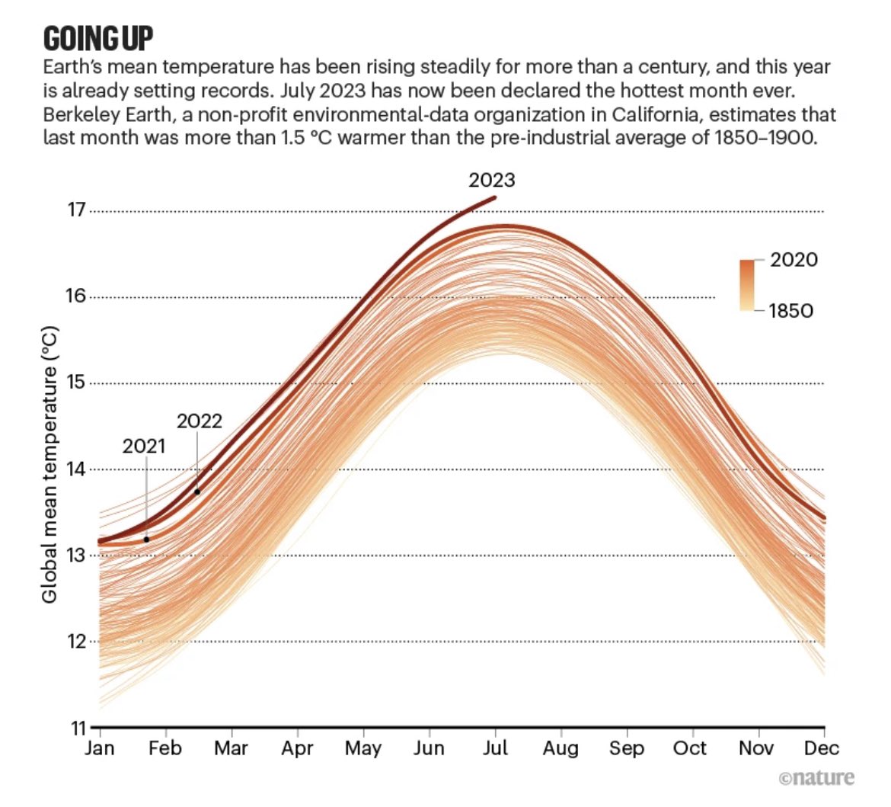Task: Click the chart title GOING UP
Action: [98, 37]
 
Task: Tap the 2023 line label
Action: [491, 180]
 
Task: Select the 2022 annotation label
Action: [199, 421]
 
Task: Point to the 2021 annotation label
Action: [143, 446]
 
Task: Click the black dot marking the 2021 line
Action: [146, 540]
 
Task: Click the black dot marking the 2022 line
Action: [197, 492]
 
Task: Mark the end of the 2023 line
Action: [495, 197]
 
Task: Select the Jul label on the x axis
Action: [495, 748]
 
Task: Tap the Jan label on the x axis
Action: [100, 748]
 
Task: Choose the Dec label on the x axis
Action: [822, 748]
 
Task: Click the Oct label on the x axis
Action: [689, 748]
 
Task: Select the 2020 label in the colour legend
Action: [794, 260]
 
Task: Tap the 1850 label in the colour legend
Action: [790, 311]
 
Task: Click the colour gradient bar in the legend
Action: [746, 286]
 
